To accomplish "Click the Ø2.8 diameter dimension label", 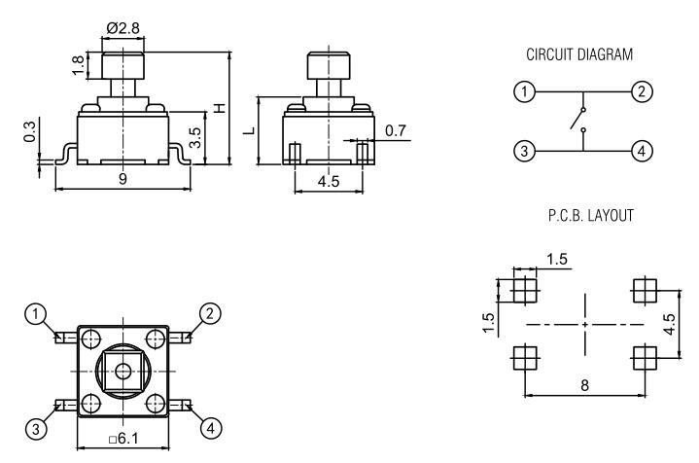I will click(122, 30).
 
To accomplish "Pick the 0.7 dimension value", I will click(396, 129).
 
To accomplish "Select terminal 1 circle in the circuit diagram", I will click(524, 92).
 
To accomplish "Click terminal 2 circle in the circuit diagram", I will click(642, 92).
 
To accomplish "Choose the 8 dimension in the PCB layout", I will click(584, 386).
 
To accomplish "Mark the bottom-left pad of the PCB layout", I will click(525, 357).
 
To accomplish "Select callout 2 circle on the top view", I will click(210, 312).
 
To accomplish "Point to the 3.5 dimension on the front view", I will click(197, 137).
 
